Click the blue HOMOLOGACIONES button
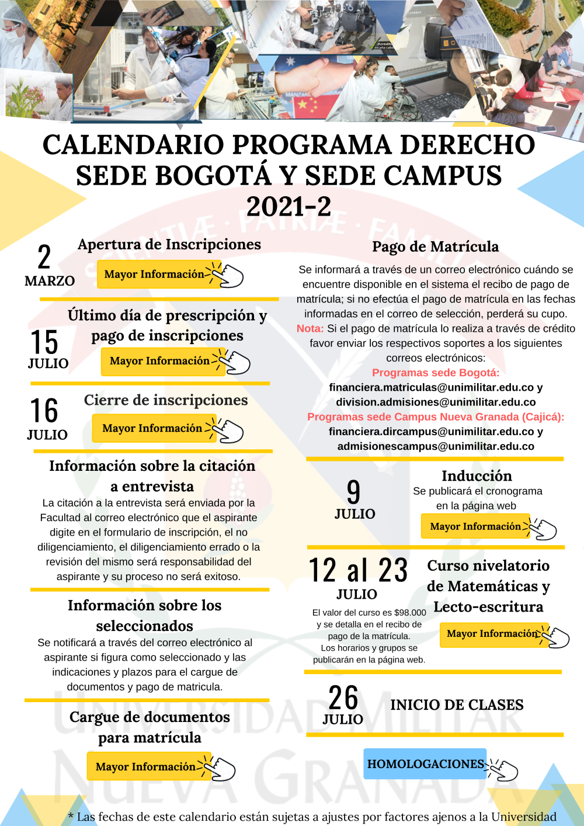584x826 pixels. [425, 764]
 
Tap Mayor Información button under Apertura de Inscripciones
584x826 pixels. [154, 274]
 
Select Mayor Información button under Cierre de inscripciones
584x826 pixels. [152, 428]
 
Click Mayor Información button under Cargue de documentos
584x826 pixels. [145, 766]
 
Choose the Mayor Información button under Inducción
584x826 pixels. [474, 526]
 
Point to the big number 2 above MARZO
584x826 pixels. [44, 257]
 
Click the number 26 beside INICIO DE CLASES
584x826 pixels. [343, 697]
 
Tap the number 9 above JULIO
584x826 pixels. [354, 492]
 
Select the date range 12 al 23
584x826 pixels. [358, 570]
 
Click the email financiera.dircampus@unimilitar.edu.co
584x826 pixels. [431, 432]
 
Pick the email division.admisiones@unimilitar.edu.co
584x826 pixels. [436, 402]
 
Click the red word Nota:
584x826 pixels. [310, 329]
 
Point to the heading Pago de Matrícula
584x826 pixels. [436, 247]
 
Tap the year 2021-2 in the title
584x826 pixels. [288, 206]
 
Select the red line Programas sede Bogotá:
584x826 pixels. [436, 373]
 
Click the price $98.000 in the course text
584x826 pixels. [410, 613]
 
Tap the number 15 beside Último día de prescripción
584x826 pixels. [44, 342]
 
